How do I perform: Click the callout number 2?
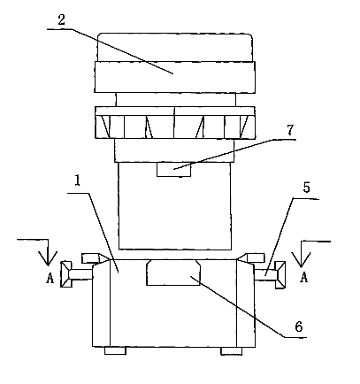tap(61, 20)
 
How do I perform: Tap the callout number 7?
tap(290, 130)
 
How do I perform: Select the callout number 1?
tap(77, 180)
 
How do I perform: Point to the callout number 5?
tap(307, 188)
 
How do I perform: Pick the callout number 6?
tap(299, 326)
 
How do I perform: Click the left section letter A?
tap(50, 278)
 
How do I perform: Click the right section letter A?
tap(304, 277)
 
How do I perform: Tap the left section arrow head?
tap(48, 258)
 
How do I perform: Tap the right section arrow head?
tap(301, 259)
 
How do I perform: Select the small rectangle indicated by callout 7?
tap(173, 170)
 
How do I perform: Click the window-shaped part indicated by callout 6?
tap(173, 273)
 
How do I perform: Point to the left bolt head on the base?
tap(66, 274)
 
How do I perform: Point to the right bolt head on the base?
tap(280, 274)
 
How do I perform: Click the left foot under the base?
tap(115, 350)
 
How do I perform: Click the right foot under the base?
tap(232, 351)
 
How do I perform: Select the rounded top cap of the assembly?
tap(175, 47)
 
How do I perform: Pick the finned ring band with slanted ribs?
tap(175, 122)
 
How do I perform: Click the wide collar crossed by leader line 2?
tap(175, 77)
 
